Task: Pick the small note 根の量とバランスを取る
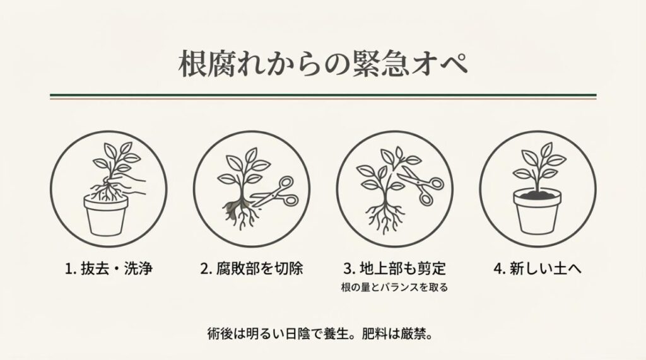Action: click(x=394, y=288)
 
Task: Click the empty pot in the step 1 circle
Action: click(x=106, y=214)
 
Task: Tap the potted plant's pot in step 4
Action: click(x=536, y=214)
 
